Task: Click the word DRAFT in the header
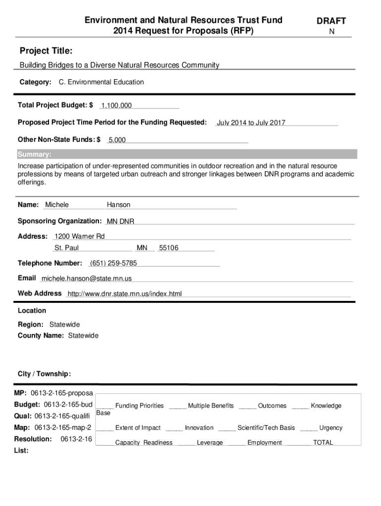(x=331, y=21)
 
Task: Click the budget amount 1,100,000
(x=116, y=106)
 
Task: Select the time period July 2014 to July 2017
(x=251, y=123)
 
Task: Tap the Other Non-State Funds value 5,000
(x=117, y=140)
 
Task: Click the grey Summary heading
(x=35, y=154)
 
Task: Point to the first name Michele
(x=57, y=205)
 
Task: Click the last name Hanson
(x=118, y=205)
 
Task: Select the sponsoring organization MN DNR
(x=120, y=221)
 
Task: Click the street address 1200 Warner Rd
(x=80, y=237)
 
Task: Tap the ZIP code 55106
(x=168, y=248)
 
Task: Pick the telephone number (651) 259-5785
(x=113, y=263)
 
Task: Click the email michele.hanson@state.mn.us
(x=87, y=279)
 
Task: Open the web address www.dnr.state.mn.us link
(x=125, y=294)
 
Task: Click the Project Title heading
(x=46, y=51)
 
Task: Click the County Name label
(x=41, y=336)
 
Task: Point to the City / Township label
(x=44, y=374)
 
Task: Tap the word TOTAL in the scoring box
(x=323, y=443)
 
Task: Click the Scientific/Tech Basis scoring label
(x=266, y=428)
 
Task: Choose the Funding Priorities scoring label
(x=139, y=406)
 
